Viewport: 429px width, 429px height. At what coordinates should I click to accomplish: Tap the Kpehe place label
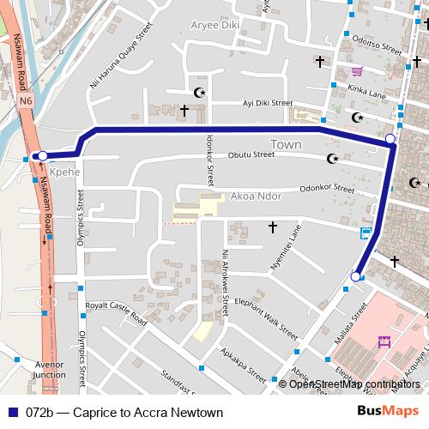point(64,172)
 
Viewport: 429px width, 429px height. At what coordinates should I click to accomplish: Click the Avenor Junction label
point(49,370)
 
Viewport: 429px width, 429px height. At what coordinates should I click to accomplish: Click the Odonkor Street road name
point(327,189)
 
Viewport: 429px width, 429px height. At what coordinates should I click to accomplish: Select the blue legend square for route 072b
point(14,413)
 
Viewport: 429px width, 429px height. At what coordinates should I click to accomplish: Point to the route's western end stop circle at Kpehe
point(42,156)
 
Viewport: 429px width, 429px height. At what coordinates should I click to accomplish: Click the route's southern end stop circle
point(356,276)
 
